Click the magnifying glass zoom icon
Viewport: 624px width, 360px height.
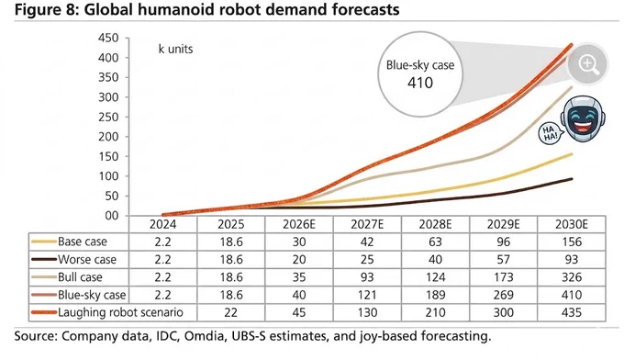(x=588, y=64)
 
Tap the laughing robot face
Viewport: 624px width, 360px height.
(x=583, y=118)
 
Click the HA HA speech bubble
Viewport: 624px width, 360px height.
(x=549, y=133)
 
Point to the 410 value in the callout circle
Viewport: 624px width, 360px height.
(x=420, y=83)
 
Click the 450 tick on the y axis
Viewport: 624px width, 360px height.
(x=108, y=39)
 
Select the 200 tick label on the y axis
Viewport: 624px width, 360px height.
(x=108, y=137)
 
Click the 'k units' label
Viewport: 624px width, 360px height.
(x=175, y=49)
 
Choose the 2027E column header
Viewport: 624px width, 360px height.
(x=367, y=225)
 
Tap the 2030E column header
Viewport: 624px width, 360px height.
(x=572, y=225)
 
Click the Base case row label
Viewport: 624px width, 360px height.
(x=83, y=242)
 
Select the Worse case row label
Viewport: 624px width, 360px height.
(x=87, y=260)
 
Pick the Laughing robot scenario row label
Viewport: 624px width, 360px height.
(x=120, y=312)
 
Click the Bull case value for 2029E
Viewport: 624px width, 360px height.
(x=504, y=277)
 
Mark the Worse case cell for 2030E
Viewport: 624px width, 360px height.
(x=572, y=260)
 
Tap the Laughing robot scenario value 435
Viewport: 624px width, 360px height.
(x=572, y=312)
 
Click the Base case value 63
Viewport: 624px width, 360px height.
(x=435, y=242)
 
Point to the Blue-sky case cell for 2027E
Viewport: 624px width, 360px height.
(x=367, y=295)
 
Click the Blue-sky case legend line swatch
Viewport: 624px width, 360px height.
(x=44, y=295)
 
